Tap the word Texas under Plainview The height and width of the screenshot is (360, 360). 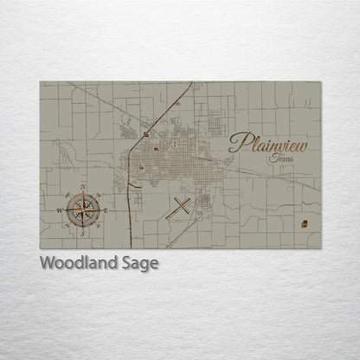tap(280, 158)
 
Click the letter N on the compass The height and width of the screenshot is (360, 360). tap(82, 188)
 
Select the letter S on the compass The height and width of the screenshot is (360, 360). tap(82, 232)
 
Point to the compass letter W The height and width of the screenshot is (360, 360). tap(60, 210)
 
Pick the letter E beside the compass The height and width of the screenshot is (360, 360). tap(105, 210)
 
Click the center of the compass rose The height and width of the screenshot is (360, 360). tap(82, 209)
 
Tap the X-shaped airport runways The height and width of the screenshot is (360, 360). tap(182, 207)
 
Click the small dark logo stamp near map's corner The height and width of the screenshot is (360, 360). tap(304, 224)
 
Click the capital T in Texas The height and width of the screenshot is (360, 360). tap(272, 157)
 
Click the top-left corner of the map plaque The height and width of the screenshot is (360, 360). tap(40, 82)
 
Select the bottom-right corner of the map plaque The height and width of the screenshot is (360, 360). tap(321, 248)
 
